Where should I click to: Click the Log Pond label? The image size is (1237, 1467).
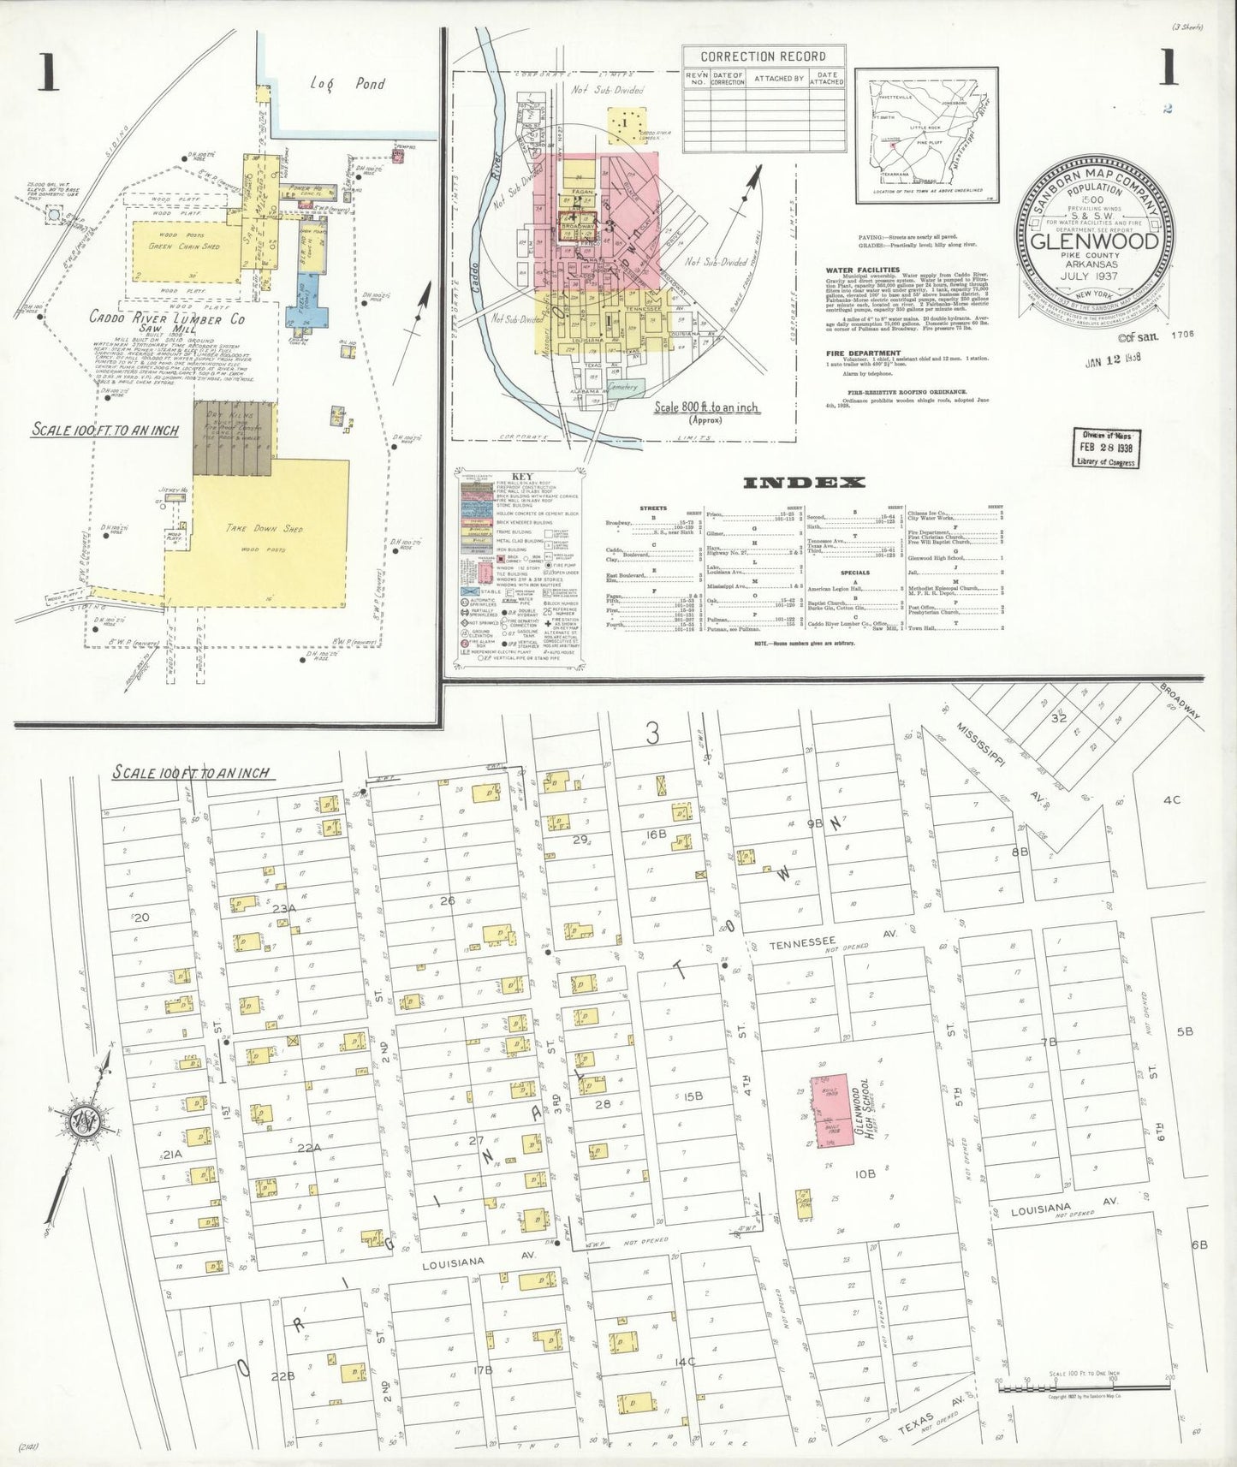[x=348, y=84]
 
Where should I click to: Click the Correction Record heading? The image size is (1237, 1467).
[x=763, y=56]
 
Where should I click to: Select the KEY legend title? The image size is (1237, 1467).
[x=521, y=477]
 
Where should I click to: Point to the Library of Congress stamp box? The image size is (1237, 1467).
[x=1106, y=448]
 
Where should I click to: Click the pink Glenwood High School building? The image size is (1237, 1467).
[x=828, y=1110]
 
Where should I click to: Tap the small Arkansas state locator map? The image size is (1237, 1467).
[x=926, y=135]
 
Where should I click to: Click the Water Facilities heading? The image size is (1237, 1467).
[x=862, y=270]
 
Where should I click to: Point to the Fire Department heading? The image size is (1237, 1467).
[x=863, y=353]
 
